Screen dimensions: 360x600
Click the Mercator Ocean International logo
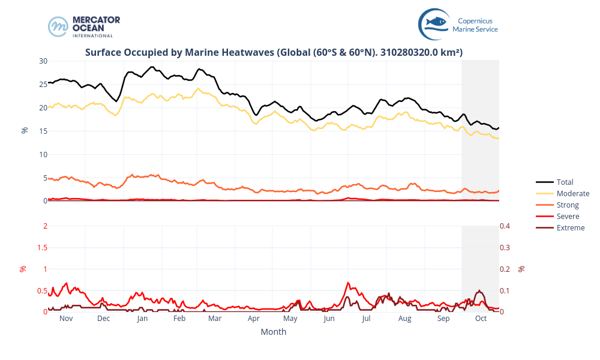(x=85, y=26)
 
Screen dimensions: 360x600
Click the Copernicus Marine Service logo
(x=458, y=25)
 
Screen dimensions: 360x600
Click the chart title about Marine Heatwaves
(x=274, y=52)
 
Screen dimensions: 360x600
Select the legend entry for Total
(x=565, y=182)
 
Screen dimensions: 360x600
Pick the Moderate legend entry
(x=572, y=193)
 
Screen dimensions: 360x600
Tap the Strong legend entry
(x=568, y=205)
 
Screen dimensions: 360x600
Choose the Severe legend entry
(x=568, y=216)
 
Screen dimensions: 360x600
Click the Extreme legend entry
(x=570, y=227)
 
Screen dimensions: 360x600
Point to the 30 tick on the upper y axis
(x=43, y=61)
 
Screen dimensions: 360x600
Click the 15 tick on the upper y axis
(x=43, y=131)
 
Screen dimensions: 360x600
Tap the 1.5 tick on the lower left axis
(x=41, y=247)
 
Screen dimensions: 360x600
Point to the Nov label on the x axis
(x=66, y=319)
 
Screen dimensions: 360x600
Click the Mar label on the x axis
(x=215, y=319)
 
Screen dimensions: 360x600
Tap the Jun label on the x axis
(x=329, y=319)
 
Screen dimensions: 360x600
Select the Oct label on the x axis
(x=481, y=319)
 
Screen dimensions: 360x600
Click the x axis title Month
(x=274, y=332)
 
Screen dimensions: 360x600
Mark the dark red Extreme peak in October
(x=479, y=291)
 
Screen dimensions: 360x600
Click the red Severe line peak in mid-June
(x=348, y=283)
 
